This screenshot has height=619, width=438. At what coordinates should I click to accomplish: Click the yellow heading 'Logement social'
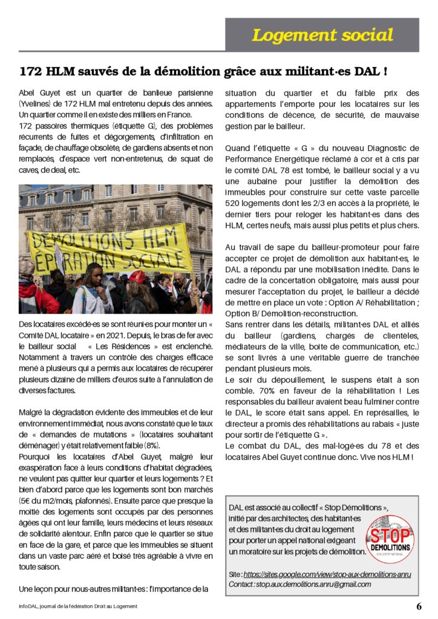click(x=322, y=35)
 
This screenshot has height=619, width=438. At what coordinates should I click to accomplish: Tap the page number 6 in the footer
click(x=419, y=606)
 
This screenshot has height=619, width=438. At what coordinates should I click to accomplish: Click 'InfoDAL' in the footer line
click(x=28, y=606)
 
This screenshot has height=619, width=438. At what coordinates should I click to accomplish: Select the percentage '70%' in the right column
click(x=250, y=391)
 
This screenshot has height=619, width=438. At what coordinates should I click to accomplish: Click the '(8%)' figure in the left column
click(x=151, y=444)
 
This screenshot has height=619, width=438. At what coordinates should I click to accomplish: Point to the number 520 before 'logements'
click(x=235, y=203)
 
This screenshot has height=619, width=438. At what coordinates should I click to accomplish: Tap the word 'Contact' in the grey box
click(x=241, y=585)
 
